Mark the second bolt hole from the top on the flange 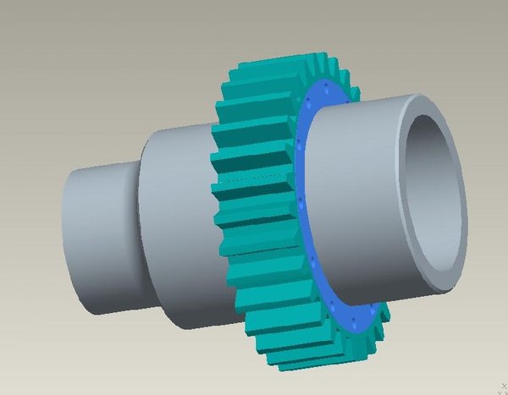(x=311, y=106)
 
